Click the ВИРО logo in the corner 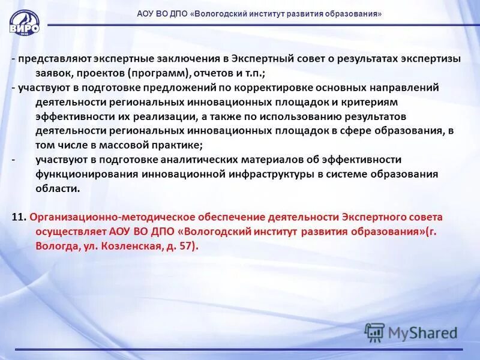(x=25, y=23)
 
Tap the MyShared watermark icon (x=374, y=332)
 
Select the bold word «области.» (x=58, y=188)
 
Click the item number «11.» (x=19, y=217)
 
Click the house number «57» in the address (x=185, y=246)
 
